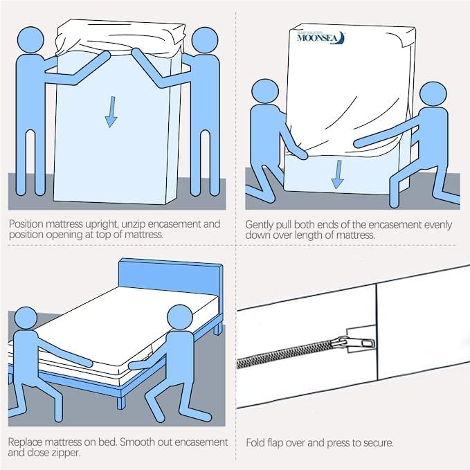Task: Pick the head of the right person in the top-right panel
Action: (434, 97)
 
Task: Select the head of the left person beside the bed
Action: (28, 320)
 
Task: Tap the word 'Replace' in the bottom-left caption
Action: (26, 442)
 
